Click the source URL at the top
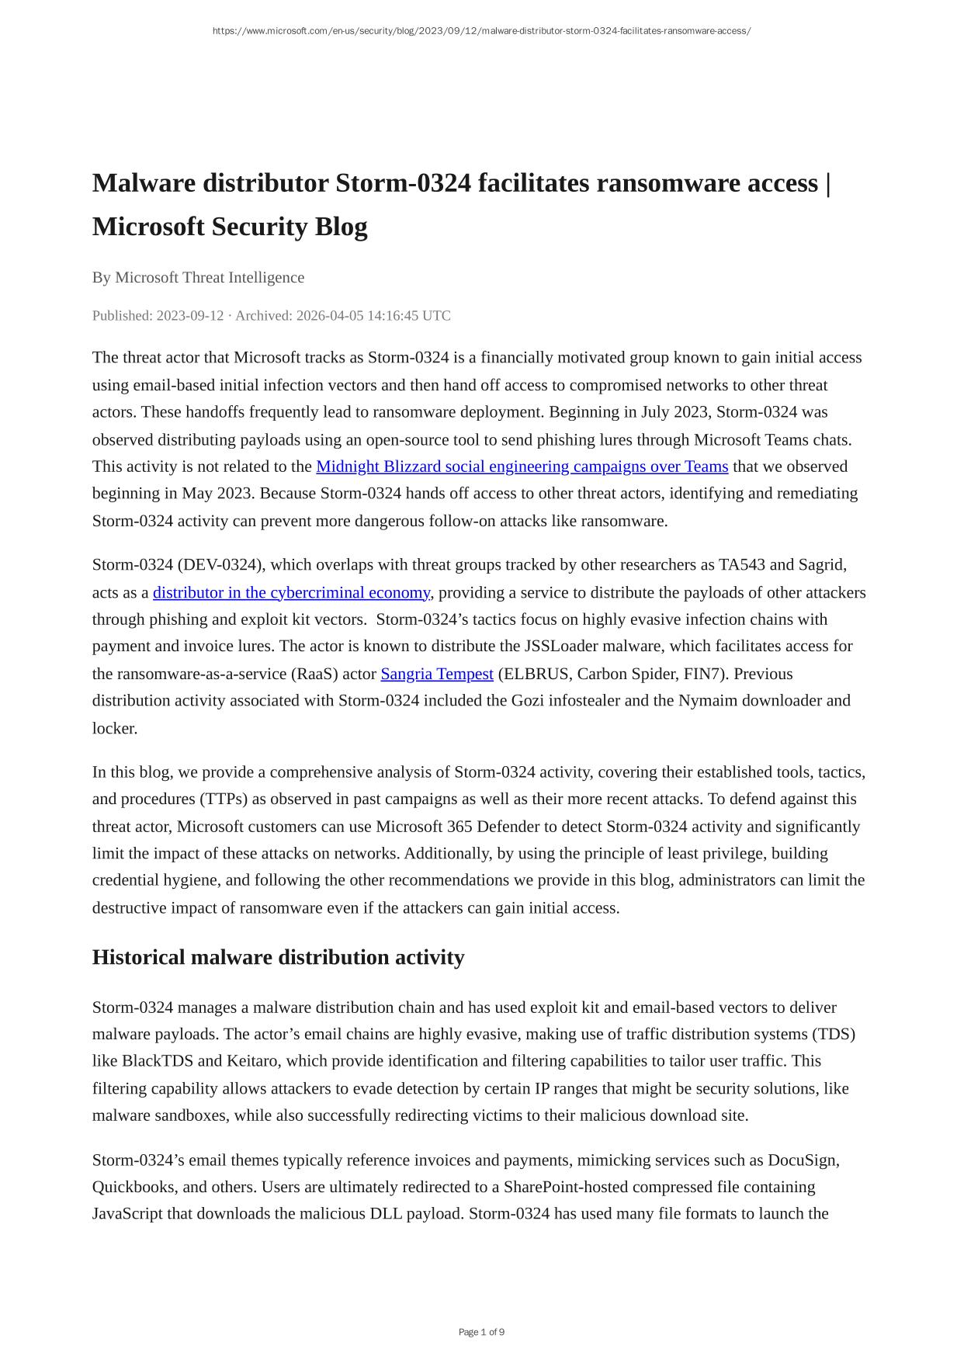[481, 31]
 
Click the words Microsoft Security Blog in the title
[230, 227]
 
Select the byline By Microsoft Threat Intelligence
[198, 277]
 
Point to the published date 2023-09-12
[189, 315]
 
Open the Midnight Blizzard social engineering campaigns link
[522, 466]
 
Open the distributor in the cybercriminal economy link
[291, 592]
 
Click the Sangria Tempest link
[437, 674]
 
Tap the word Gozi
[528, 700]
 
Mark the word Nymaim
[707, 700]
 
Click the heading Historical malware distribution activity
[278, 957]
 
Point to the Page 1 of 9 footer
[481, 1332]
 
